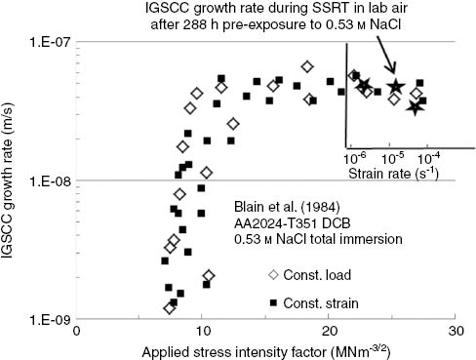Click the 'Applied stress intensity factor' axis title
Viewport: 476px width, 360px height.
point(265,350)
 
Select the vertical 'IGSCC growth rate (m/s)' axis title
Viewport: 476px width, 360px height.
point(13,180)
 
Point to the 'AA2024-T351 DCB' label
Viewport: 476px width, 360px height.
point(290,223)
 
